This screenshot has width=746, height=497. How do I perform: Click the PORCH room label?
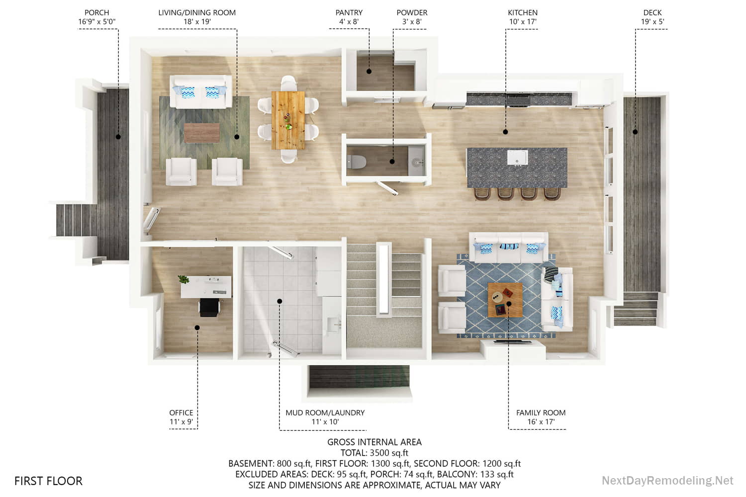pos(96,12)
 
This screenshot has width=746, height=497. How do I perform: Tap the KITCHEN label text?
pos(522,12)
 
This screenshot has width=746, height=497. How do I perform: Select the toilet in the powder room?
pos(357,162)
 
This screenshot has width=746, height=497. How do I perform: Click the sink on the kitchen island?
pos(517,158)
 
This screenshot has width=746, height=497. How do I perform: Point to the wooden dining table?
pos(288,120)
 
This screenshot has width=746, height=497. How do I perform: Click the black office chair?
pos(210,307)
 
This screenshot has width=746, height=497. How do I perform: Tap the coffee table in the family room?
pos(505,299)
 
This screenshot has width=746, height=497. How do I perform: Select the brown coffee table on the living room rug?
pos(201,133)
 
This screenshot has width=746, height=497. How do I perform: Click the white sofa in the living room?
pos(200,91)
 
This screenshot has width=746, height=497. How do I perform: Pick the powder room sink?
pos(417,162)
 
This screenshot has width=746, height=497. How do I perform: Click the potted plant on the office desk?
pos(184,280)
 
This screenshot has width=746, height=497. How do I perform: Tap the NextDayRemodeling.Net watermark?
pos(667,481)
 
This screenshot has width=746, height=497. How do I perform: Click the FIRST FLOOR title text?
pos(48,481)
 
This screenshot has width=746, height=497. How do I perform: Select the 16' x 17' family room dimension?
pos(541,422)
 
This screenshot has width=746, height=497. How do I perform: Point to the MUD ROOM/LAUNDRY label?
pos(325,413)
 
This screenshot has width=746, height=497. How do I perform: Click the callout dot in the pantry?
pos(369,71)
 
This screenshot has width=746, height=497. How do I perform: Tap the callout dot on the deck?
pos(635,132)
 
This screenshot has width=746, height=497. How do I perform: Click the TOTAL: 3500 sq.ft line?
pos(374,453)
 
